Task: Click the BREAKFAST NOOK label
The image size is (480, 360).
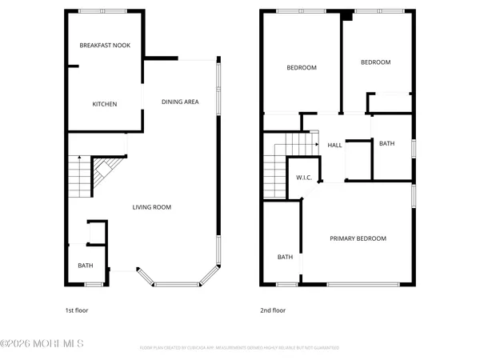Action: [99, 46]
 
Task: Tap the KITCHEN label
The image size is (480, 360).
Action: [105, 104]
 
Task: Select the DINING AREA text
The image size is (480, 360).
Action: [180, 102]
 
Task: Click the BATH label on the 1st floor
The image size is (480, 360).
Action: [85, 266]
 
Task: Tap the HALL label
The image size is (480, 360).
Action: [334, 145]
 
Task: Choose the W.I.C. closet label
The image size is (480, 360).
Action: [303, 177]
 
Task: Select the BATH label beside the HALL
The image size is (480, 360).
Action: [386, 144]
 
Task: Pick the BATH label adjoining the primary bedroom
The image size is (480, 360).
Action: [285, 257]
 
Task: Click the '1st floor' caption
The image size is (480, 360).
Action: [77, 310]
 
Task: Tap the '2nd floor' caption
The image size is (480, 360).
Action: [273, 310]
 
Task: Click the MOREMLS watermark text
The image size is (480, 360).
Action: [42, 344]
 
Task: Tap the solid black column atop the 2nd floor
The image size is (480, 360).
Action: [345, 15]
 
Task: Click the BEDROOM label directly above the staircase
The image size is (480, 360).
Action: [302, 68]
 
